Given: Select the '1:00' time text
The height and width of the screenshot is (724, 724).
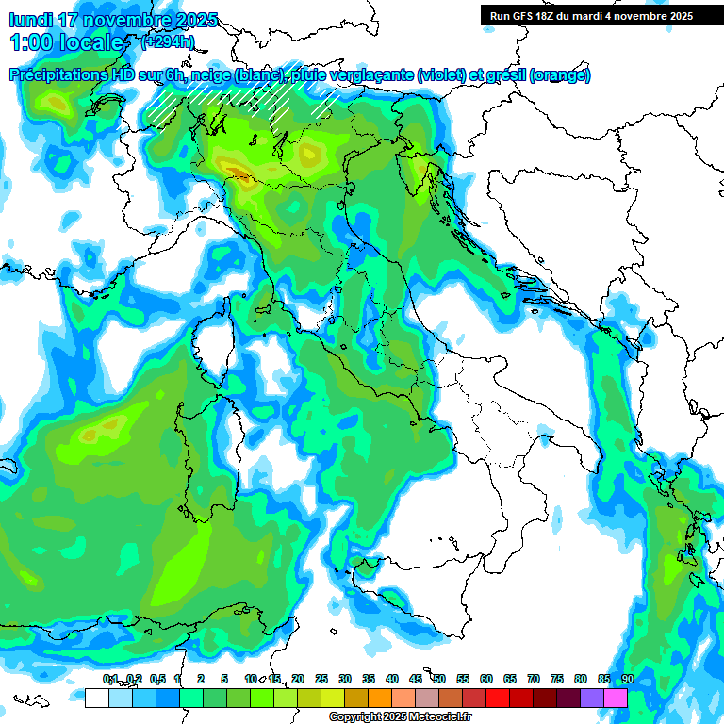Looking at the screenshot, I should coord(32,42).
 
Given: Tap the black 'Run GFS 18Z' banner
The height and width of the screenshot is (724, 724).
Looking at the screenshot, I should coord(591,15).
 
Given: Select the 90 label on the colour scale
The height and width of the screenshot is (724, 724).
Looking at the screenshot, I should coord(627,680).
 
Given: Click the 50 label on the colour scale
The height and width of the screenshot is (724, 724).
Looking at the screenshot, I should coord(439,680).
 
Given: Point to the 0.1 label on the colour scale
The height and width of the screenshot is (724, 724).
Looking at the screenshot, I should coord(109,680).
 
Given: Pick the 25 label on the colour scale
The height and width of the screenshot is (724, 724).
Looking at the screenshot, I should coord(321,680).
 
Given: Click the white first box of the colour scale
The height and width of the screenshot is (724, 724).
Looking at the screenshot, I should coord(96,698).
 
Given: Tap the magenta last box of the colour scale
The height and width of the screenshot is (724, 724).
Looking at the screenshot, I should coord(615,698).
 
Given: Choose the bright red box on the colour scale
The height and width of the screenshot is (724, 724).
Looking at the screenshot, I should coord(497,698).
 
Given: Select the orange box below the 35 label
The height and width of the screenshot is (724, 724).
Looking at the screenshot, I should coord(379,698).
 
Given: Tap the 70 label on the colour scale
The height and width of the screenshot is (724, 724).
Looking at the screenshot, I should coord(534,680).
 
